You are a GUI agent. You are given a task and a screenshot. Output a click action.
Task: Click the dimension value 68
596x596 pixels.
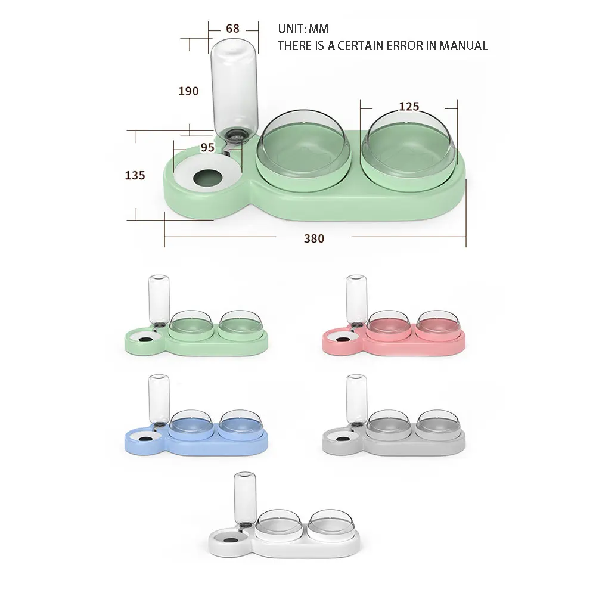(232, 28)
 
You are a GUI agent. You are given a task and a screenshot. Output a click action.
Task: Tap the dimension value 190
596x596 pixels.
(188, 91)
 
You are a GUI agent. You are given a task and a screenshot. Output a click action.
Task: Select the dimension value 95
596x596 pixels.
(207, 147)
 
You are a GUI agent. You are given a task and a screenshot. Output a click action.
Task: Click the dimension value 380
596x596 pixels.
(314, 238)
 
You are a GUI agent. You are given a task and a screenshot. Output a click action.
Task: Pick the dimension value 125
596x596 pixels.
(409, 107)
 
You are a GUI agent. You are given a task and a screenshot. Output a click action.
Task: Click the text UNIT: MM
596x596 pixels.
(303, 29)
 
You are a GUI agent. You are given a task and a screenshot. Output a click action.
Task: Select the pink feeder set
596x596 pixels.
(393, 328)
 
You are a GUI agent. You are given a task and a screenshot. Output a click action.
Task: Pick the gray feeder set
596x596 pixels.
(393, 426)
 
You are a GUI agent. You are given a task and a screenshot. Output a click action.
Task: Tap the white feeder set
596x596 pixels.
(285, 524)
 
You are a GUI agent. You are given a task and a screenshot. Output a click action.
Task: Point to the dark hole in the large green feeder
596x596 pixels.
(206, 177)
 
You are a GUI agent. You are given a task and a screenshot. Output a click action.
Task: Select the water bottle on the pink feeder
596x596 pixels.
(356, 298)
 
